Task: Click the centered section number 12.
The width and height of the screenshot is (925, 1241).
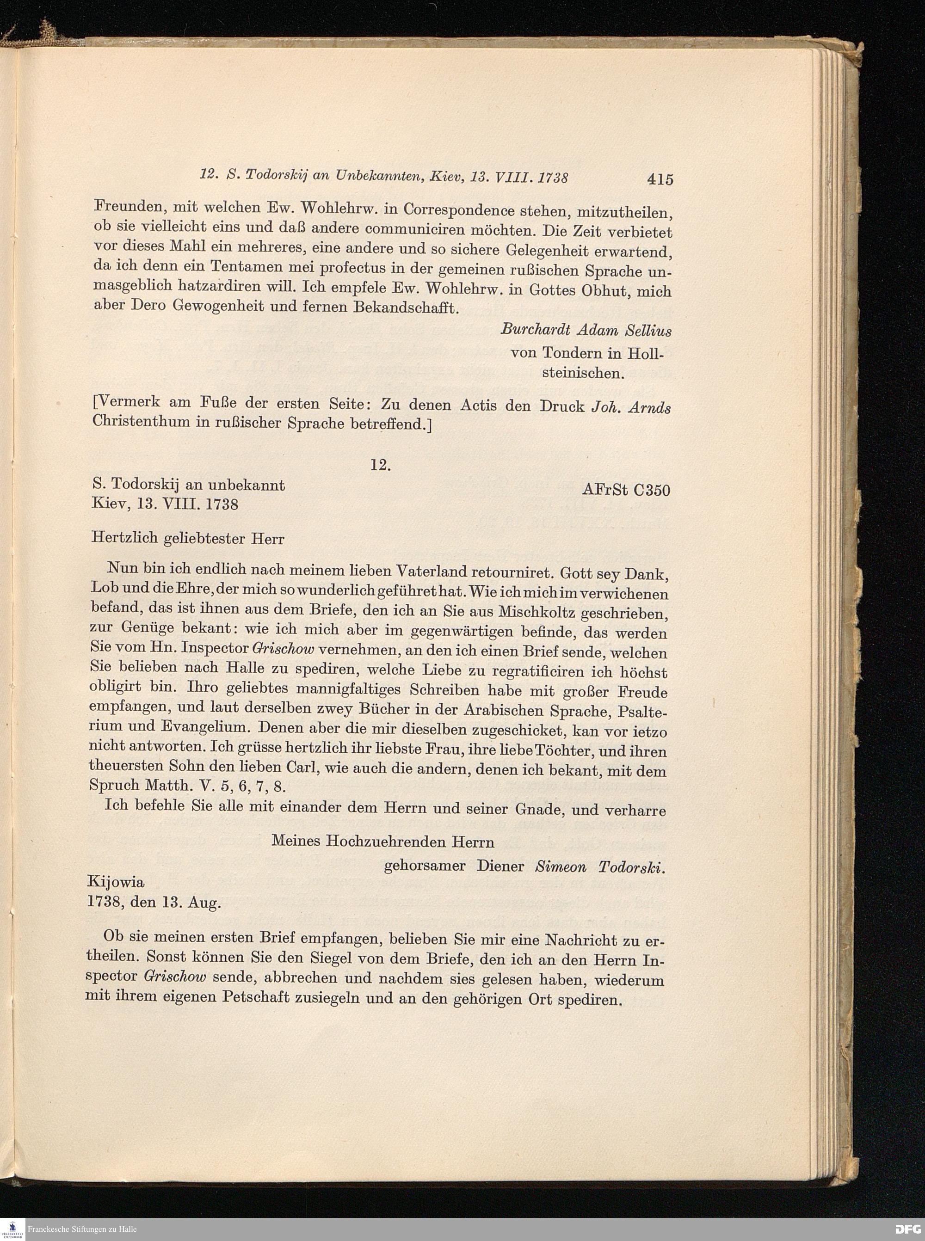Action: coord(380,465)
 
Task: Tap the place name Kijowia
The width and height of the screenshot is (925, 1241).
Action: coord(116,882)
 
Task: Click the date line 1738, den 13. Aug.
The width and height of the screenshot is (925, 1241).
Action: coord(154,903)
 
